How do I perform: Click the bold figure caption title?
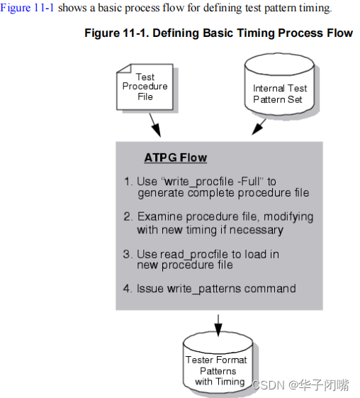(x=218, y=33)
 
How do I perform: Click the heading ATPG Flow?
(x=176, y=158)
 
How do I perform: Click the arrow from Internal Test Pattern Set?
(x=259, y=126)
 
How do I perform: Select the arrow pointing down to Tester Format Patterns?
(x=218, y=324)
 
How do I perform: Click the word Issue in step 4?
(x=151, y=288)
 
